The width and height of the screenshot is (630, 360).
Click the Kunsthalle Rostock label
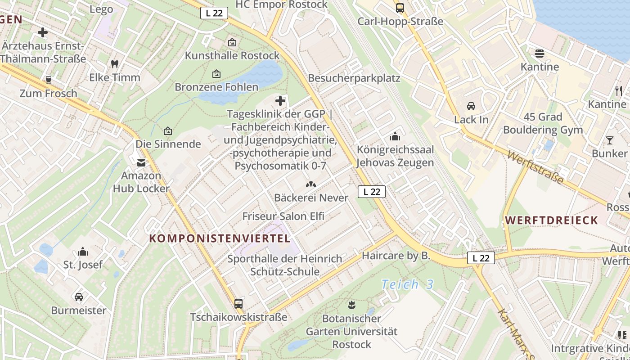point(232,56)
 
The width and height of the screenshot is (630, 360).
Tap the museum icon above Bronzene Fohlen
point(216,73)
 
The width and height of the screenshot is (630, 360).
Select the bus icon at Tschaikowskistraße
point(238,304)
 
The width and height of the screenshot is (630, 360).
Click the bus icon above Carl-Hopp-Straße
point(400,8)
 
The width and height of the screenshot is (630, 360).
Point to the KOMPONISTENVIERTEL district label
point(220,238)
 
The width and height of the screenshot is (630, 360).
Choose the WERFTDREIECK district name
point(552,220)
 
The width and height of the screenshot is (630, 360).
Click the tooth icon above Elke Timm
point(115,64)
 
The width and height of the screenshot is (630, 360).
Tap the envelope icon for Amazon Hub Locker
point(141,162)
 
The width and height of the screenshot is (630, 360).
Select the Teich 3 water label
point(407,284)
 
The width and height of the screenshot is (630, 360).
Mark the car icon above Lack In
point(471,106)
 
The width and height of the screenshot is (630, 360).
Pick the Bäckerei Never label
point(311,198)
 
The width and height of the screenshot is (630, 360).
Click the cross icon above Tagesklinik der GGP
point(280,100)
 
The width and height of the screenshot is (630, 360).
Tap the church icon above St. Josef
point(83,252)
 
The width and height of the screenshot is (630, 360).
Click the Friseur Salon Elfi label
point(283,216)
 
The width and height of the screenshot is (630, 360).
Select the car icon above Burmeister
point(79,297)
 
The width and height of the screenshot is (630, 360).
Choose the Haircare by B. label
point(396,256)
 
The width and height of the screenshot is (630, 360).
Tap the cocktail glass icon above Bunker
point(609,140)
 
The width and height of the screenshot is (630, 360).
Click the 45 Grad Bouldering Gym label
point(543,123)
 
